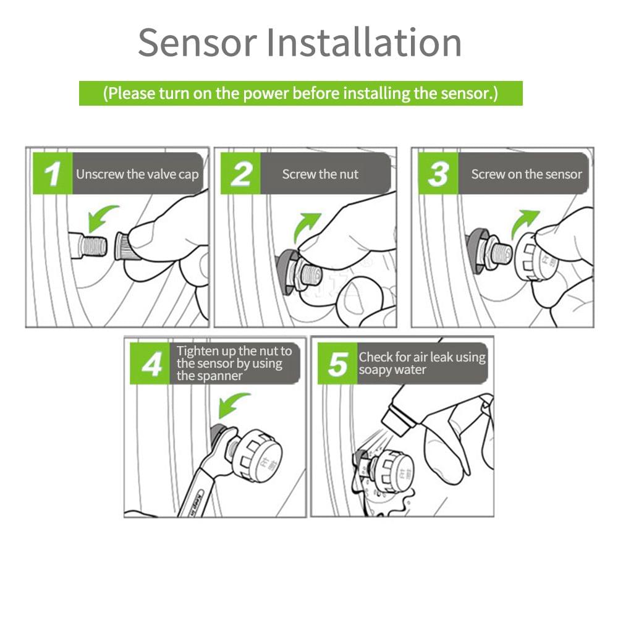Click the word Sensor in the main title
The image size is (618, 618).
[x=198, y=43]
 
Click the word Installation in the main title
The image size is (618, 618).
[x=364, y=42]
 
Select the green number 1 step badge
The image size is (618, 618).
[x=53, y=174]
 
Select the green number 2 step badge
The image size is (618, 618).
[x=240, y=174]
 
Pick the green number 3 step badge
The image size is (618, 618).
[x=438, y=174]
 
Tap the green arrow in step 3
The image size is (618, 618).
[x=522, y=222]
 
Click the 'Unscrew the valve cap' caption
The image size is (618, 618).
[x=137, y=174]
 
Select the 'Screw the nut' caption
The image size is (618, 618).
[x=320, y=174]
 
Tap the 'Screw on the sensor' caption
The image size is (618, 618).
[x=527, y=174]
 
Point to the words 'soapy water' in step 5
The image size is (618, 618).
[x=392, y=370]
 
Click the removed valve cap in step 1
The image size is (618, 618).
[x=125, y=247]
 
